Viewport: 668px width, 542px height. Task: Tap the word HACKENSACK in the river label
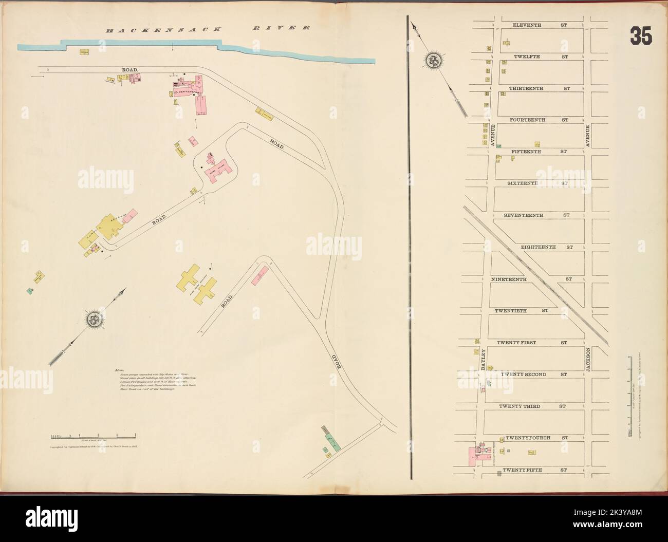[x=149, y=31]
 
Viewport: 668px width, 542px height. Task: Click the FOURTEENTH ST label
[x=539, y=120]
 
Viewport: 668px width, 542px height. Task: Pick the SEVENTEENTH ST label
[x=536, y=215]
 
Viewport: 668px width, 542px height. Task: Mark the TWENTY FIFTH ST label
[x=534, y=470]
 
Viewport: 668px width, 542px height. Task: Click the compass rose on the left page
[x=94, y=320]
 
